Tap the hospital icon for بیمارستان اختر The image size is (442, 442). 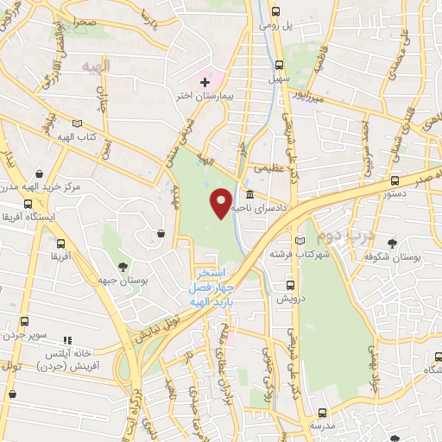[205, 82]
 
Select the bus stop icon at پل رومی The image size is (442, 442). [275, 12]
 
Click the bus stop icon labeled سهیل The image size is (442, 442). [280, 65]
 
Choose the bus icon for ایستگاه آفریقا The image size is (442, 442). [28, 205]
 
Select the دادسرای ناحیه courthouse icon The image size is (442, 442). [249, 194]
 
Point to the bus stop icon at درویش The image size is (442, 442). [288, 283]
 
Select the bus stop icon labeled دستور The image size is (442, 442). [395, 180]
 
